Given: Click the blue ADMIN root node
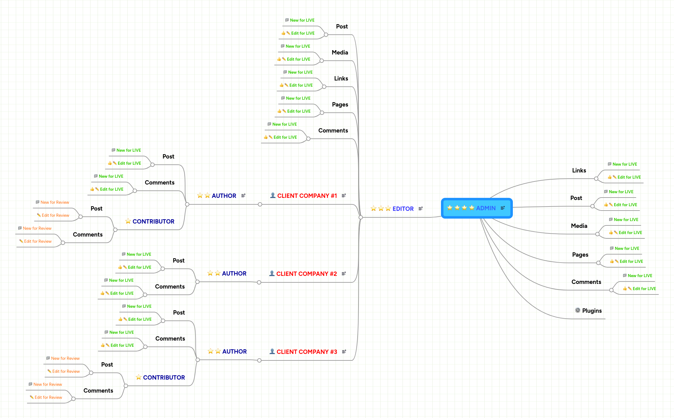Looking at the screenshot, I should (x=477, y=208).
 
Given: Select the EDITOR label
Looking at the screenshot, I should (x=403, y=209).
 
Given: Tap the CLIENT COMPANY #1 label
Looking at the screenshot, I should (x=307, y=196).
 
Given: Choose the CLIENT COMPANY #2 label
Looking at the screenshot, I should (x=306, y=274).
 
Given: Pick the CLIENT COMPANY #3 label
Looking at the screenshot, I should (x=306, y=352).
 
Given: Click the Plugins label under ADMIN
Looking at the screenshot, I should (x=592, y=311).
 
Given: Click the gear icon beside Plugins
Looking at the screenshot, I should (x=578, y=310).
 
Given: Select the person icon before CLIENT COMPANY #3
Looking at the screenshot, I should (x=272, y=351).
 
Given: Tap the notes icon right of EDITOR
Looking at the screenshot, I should (x=421, y=209).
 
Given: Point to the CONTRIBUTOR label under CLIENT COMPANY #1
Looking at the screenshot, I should (x=153, y=221).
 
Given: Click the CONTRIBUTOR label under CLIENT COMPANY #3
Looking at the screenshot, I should (x=164, y=377).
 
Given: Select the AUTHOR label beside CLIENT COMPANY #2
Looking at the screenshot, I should (x=234, y=273).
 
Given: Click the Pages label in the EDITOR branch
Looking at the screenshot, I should (x=340, y=104).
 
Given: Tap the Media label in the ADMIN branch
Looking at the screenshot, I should (x=579, y=226).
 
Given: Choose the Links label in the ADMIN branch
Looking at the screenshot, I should (x=579, y=170).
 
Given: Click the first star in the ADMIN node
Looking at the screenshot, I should (x=450, y=208).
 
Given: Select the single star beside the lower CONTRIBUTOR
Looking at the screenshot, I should (x=139, y=377).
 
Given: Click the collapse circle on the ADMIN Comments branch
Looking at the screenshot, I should (x=611, y=290).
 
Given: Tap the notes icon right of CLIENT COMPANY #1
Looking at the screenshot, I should (x=344, y=196).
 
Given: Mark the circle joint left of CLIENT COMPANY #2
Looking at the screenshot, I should (x=259, y=282).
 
